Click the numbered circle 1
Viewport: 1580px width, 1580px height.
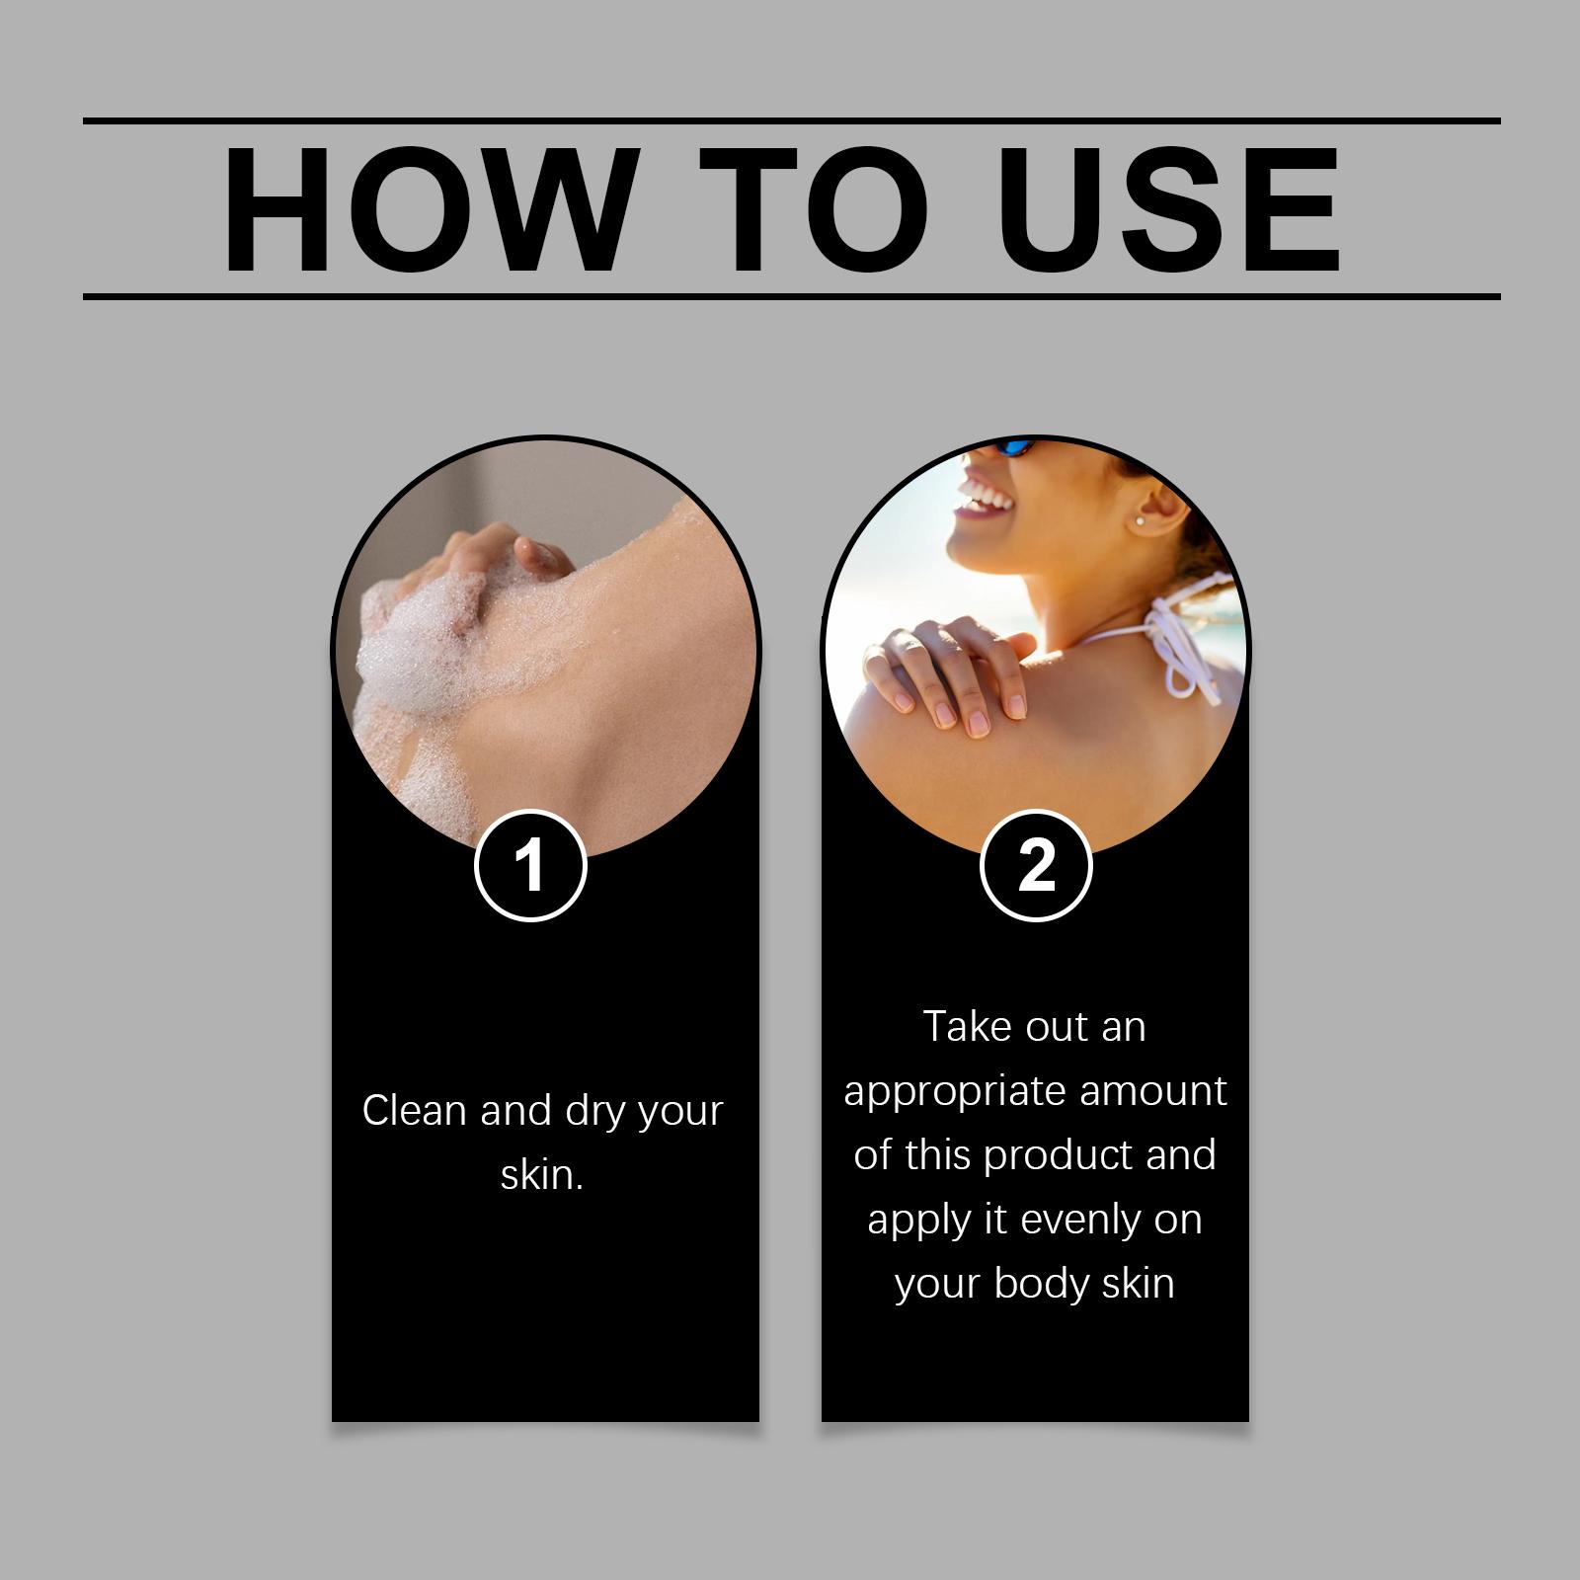tap(531, 866)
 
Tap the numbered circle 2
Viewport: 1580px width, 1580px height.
tap(1036, 866)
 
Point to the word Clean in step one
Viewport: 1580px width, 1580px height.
tap(415, 1111)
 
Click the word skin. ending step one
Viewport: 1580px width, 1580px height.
tap(542, 1175)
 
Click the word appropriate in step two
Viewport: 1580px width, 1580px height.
tap(954, 1093)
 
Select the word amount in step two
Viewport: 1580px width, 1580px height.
tap(1153, 1091)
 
